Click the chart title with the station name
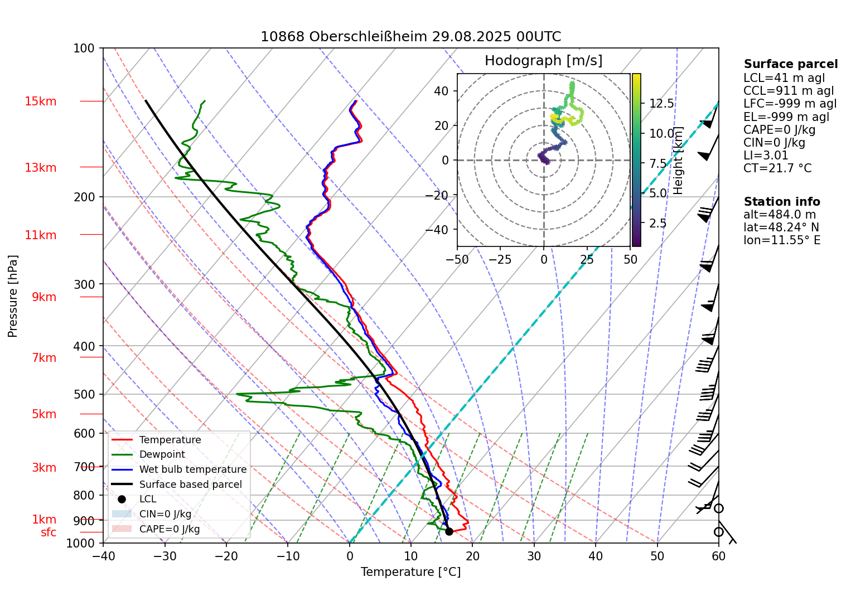[x=410, y=37]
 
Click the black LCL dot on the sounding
[x=449, y=531]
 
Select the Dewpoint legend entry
[x=162, y=454]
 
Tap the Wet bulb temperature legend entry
[x=192, y=469]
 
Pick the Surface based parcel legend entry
[x=190, y=485]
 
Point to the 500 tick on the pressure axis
[x=85, y=394]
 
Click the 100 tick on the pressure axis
[x=84, y=49]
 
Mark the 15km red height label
[x=40, y=101]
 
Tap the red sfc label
[x=49, y=532]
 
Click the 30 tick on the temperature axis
[x=534, y=556]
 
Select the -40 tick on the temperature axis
[x=103, y=556]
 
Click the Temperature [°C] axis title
[x=410, y=572]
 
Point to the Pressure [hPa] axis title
[x=13, y=296]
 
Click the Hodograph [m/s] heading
[x=543, y=61]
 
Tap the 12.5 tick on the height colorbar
[x=661, y=104]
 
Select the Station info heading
[x=782, y=202]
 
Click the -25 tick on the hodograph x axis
[x=500, y=259]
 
